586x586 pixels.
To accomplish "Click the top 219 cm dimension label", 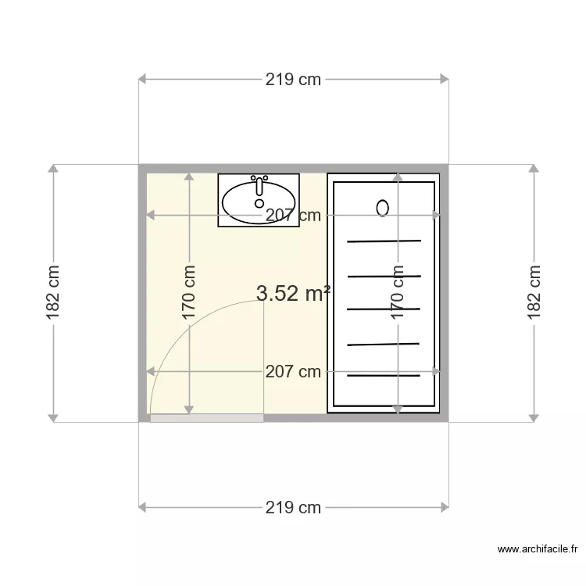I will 293,79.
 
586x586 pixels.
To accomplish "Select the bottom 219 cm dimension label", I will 293,507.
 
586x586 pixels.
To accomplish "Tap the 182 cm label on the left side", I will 53,293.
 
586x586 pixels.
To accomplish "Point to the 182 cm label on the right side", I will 534,293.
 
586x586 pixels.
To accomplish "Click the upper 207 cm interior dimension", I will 293,216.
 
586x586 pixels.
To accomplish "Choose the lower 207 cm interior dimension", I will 293,372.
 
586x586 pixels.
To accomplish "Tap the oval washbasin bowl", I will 259,202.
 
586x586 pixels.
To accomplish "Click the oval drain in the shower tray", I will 382,208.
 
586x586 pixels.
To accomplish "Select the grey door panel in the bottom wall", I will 207,419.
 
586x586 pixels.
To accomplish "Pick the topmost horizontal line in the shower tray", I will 384,241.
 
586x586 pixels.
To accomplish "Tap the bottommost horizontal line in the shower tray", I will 384,377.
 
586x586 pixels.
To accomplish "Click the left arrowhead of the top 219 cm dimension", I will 143,79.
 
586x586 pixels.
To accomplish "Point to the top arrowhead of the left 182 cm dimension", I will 53,169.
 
